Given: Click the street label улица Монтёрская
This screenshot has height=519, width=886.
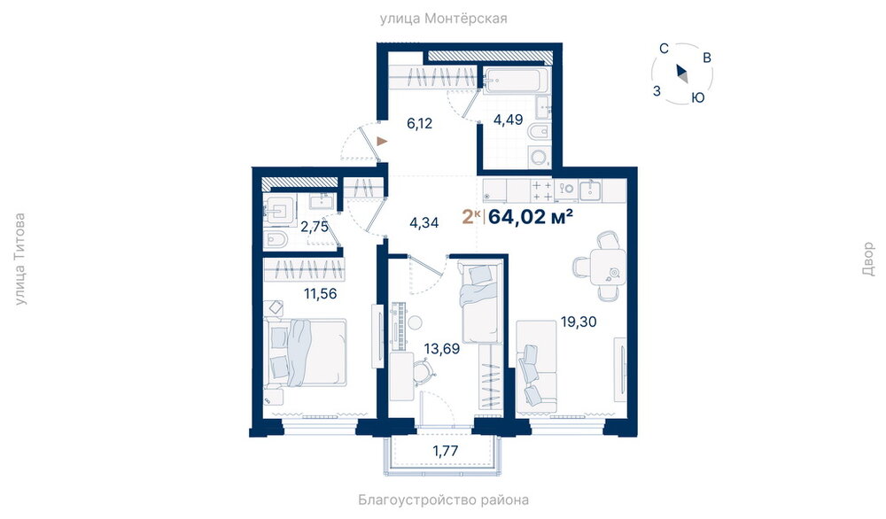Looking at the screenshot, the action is coord(443,19).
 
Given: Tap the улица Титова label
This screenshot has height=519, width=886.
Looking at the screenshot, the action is coord(19,259).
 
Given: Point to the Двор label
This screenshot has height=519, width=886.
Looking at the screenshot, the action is coord(868,259).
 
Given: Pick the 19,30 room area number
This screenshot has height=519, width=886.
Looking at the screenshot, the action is coord(579,321).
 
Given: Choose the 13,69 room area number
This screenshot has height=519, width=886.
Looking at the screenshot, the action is coord(442,349).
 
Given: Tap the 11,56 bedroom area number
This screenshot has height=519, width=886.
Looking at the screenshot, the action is coord(321,294).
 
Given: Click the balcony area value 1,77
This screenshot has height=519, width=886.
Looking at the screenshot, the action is coord(446,451).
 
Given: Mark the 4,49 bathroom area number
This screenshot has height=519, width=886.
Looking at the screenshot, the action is coord(508,120).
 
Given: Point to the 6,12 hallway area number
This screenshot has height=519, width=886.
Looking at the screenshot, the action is coord(420,123).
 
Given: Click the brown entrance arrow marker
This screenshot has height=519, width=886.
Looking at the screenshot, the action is coord(383,141).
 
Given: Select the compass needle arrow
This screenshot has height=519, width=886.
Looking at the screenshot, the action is coord(681,74).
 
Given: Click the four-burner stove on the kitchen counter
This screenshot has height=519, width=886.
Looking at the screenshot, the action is coord(542,191).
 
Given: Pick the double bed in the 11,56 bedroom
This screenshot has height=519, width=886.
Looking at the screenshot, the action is coord(306,353).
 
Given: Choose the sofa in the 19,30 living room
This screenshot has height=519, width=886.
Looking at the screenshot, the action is coord(536,367).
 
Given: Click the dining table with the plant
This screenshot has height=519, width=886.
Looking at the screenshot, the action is coord(608,267).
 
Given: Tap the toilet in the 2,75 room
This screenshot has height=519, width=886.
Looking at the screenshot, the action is coord(276,239).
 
